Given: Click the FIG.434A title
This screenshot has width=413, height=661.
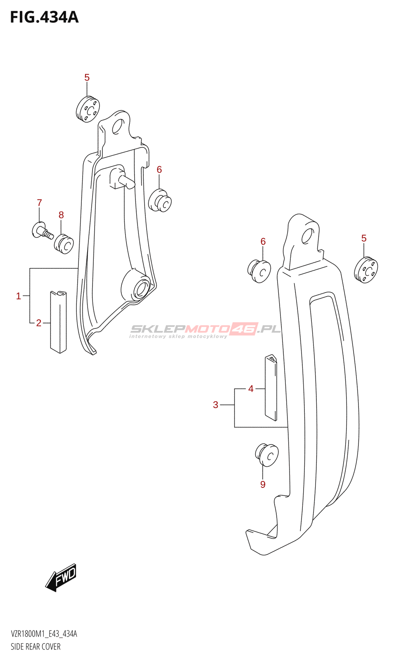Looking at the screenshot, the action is coord(44,17).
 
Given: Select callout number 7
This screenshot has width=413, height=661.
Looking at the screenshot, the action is coord(39,203).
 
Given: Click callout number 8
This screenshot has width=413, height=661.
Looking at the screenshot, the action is coord(61,215).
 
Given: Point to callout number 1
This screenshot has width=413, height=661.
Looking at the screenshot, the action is coord(18,296).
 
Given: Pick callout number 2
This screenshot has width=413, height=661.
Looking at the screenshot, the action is coord(39,323).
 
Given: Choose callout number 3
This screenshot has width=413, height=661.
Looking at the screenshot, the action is coord(216,405).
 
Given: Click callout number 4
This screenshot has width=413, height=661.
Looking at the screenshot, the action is coord(251,389).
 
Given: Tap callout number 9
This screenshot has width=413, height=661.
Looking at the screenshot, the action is coord(263,484).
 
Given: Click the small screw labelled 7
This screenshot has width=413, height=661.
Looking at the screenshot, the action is coord(42,231).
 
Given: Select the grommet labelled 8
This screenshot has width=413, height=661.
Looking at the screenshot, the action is coord(64,244).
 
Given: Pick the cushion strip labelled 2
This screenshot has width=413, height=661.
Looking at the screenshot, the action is coord(58,322).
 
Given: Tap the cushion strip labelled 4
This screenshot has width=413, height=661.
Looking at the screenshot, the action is coord(271,387).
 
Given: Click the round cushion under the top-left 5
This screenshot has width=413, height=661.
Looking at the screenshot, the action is coord(88,109).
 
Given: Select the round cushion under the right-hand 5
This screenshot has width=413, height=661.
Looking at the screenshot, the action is coord(366,270).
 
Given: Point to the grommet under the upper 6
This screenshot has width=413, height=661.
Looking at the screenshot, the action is coord(160,200).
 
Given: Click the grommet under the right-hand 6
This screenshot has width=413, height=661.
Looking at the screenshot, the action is coord(259,271).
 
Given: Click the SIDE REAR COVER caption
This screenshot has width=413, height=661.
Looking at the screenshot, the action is coord(36,647).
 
